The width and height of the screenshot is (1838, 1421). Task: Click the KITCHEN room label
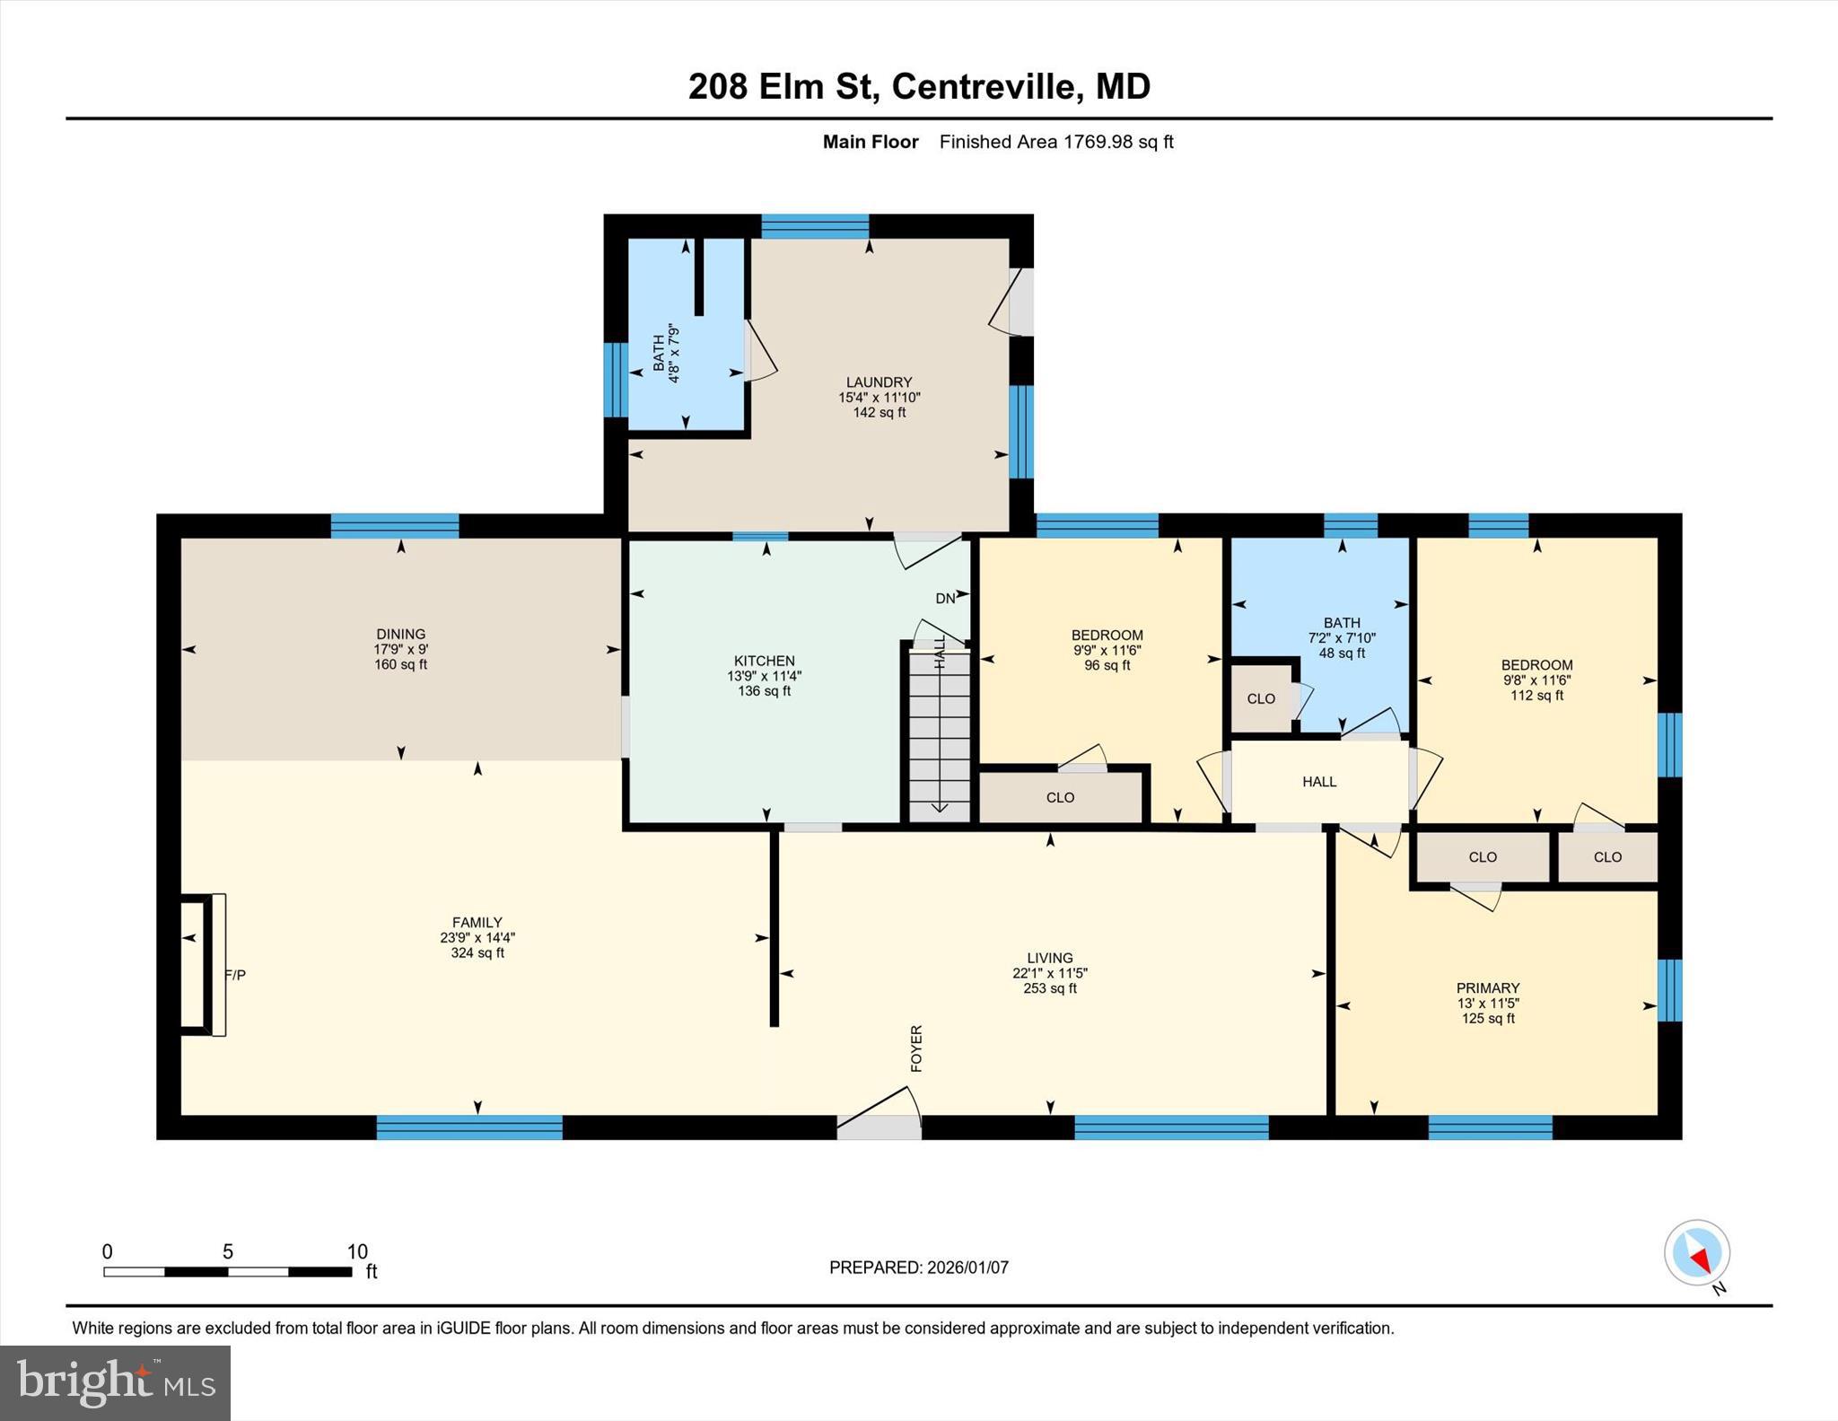764,661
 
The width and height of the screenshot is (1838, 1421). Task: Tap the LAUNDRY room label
879,382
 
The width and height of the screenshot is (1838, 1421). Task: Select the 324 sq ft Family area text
477,952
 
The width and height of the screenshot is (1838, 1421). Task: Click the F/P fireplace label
235,974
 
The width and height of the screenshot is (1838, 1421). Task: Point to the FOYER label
916,1048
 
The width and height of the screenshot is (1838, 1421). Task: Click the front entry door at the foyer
879,1127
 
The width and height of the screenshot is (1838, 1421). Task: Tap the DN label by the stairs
945,598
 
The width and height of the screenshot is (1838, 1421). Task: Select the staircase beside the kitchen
940,732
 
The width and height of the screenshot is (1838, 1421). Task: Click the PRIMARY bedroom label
1487,987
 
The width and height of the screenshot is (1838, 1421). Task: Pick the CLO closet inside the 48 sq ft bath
1261,698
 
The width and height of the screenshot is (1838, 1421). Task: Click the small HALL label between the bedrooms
1319,782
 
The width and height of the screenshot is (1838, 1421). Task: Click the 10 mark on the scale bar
357,1251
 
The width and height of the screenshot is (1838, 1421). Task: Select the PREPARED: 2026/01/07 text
918,1267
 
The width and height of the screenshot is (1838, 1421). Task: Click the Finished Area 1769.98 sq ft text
1055,142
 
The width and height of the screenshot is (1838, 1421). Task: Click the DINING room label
400,634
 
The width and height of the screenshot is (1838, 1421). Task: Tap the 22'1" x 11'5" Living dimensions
1049,973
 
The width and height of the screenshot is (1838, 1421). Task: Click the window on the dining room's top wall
395,526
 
